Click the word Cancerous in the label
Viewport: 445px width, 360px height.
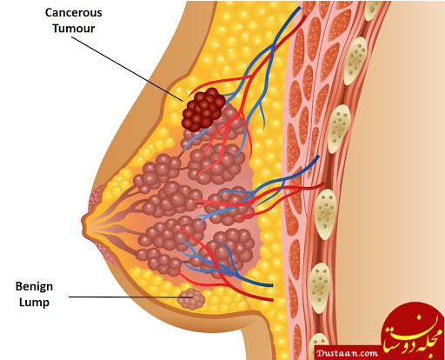tap(74, 13)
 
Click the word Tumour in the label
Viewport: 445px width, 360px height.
tap(74, 29)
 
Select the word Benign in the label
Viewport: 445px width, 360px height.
tap(34, 287)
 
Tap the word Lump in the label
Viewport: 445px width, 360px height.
tap(34, 303)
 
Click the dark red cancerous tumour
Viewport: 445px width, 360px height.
tap(203, 110)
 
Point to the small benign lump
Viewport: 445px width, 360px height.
tap(191, 299)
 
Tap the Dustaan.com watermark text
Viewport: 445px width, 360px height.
tap(347, 353)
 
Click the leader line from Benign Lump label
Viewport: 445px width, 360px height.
tap(130, 297)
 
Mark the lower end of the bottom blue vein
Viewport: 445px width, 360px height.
tap(272, 285)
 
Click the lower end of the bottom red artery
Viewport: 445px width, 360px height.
tap(273, 299)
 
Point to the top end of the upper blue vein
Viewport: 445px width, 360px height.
tap(300, 7)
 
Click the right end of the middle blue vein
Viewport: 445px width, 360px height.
tap(318, 157)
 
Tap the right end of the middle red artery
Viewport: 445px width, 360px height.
tap(324, 183)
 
